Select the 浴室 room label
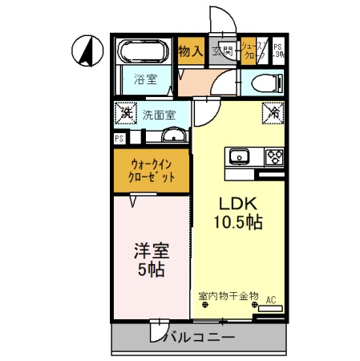[x=145, y=81]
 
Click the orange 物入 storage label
[x=189, y=51]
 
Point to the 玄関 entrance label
[x=222, y=52]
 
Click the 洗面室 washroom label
[x=160, y=115]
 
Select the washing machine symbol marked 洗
[x=126, y=113]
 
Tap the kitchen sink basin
[x=240, y=156]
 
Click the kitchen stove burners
[x=275, y=156]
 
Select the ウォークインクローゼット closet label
[x=152, y=170]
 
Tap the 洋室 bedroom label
[x=151, y=251]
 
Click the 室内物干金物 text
[x=229, y=296]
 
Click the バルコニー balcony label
[x=199, y=338]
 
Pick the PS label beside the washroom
[x=119, y=139]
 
